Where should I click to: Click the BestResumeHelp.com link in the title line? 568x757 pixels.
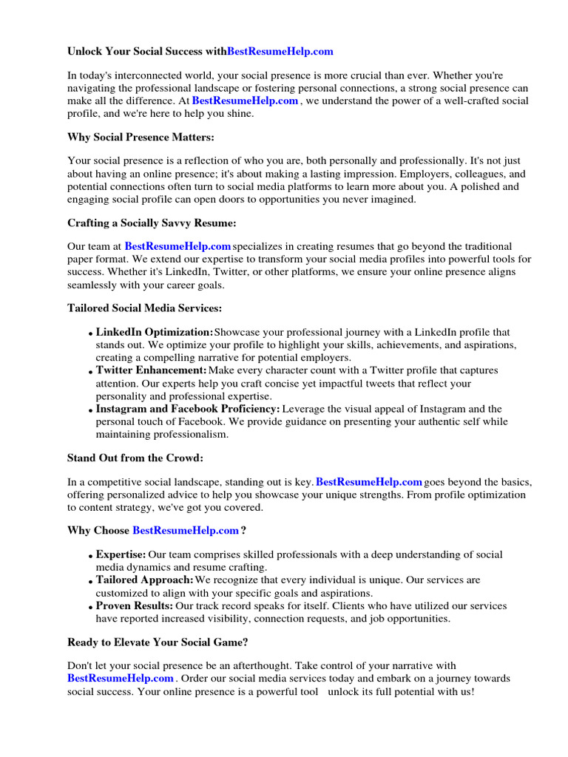tap(280, 52)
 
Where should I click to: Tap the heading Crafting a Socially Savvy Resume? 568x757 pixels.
tap(152, 223)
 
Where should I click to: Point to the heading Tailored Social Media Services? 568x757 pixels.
tap(144, 308)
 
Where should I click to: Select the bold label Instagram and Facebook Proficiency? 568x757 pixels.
tap(188, 409)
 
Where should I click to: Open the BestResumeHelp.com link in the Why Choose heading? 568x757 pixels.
tap(186, 531)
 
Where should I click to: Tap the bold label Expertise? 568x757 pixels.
tap(121, 554)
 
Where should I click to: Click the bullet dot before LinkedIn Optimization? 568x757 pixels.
tap(90, 335)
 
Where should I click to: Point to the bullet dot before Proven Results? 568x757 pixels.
tap(90, 608)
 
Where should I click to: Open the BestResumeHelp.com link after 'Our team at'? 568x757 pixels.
tap(177, 246)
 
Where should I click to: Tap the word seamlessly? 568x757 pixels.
tap(95, 285)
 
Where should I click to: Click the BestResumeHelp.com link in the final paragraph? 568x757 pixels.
tap(121, 679)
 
